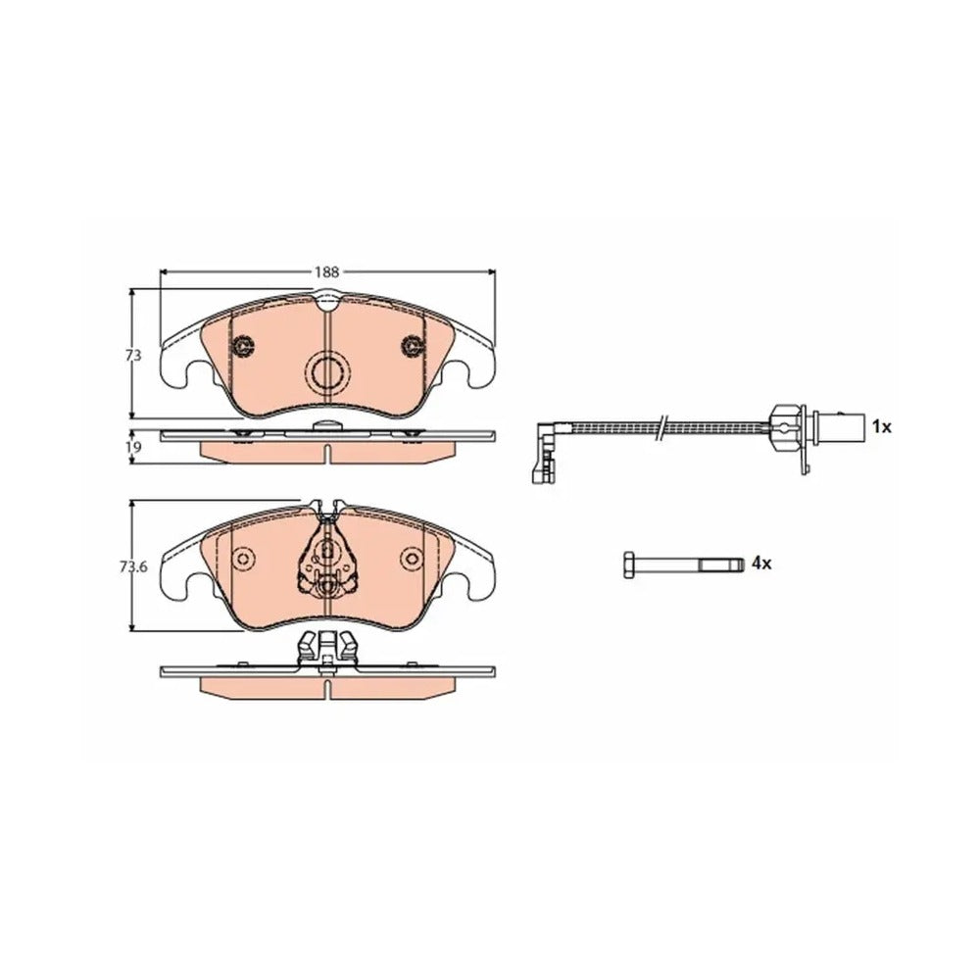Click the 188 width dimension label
click(x=326, y=271)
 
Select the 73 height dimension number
click(x=133, y=355)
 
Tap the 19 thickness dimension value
click(x=133, y=447)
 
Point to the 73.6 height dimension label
click(x=133, y=567)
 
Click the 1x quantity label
click(x=881, y=427)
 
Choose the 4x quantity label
click(x=761, y=563)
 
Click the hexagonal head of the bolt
click(x=629, y=564)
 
